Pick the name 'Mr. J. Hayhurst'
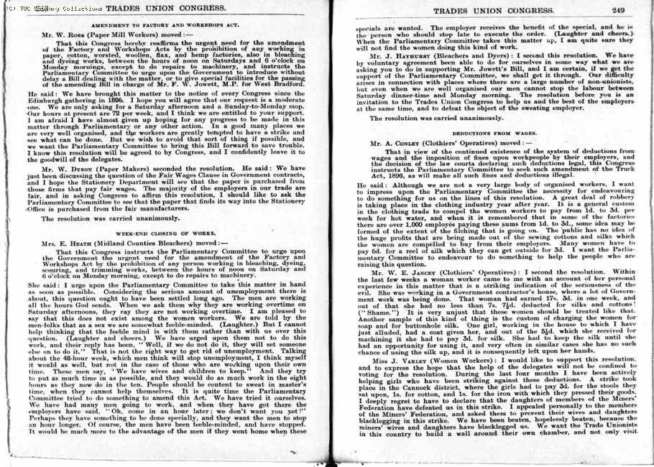tap(401, 55)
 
